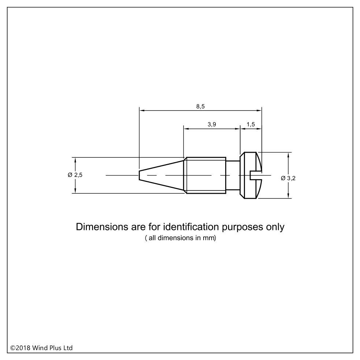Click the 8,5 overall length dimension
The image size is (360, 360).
(x=200, y=107)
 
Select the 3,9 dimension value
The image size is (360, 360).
(x=212, y=125)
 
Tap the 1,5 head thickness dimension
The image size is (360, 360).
(x=251, y=125)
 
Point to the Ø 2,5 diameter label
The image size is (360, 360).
(x=75, y=175)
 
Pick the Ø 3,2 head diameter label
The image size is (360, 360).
(x=288, y=178)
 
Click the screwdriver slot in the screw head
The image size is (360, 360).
(x=256, y=175)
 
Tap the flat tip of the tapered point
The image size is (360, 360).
(x=140, y=175)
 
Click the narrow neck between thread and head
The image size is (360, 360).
(x=233, y=175)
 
